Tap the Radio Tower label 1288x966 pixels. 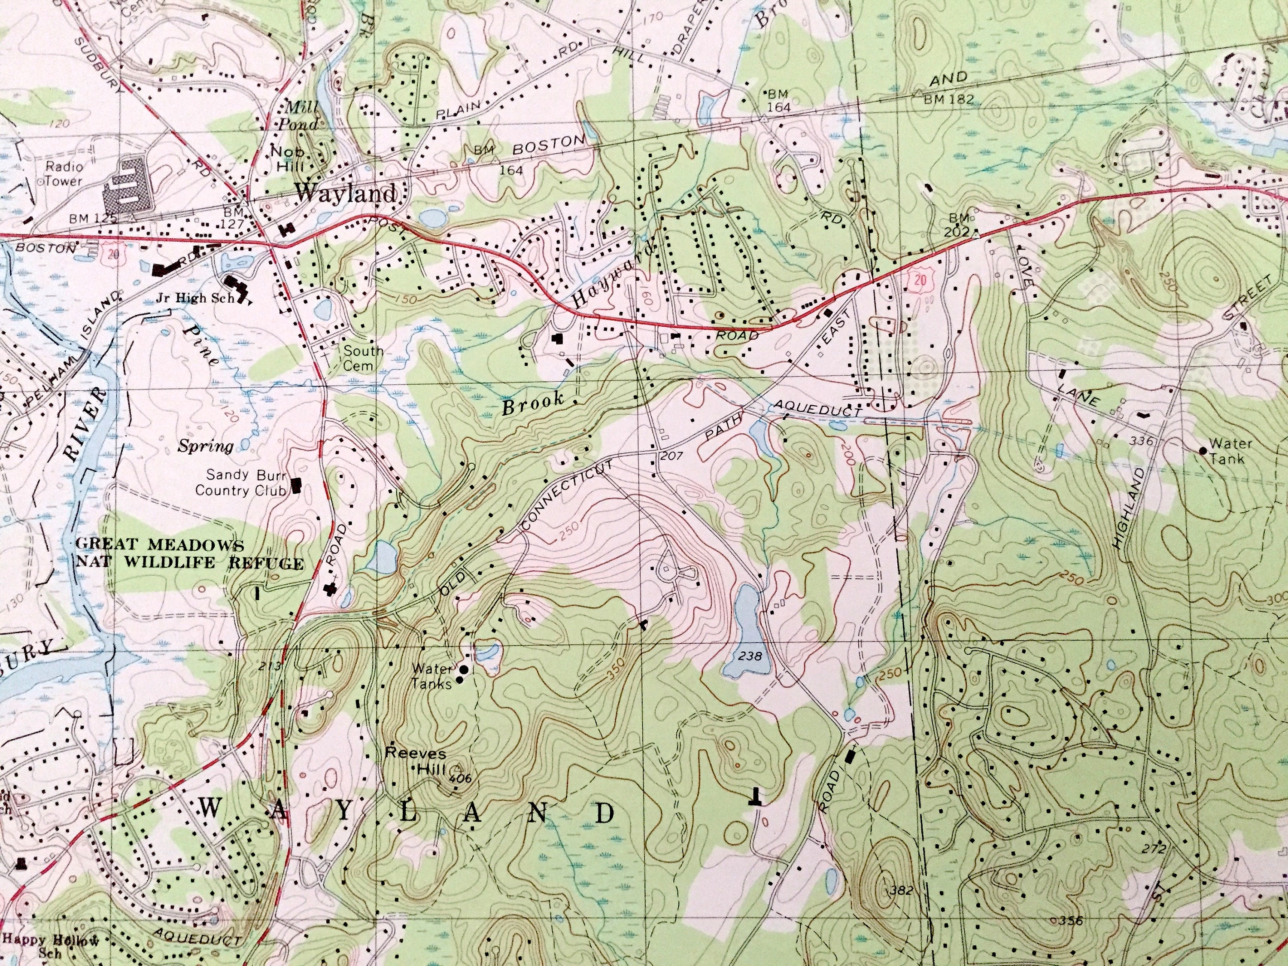pos(64,173)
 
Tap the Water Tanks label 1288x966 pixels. pos(431,677)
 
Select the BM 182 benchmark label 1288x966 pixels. pos(948,100)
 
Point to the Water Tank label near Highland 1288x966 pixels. pos(1230,451)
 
